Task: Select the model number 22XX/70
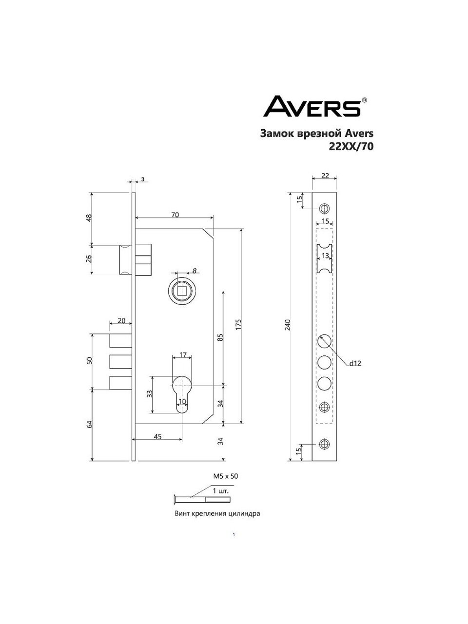(351, 147)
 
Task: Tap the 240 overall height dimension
(288, 325)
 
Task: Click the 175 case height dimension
(238, 324)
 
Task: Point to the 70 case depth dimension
(175, 215)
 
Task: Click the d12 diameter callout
(355, 363)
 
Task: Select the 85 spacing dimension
(221, 337)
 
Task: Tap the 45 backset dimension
(157, 436)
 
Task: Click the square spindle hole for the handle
(181, 292)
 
